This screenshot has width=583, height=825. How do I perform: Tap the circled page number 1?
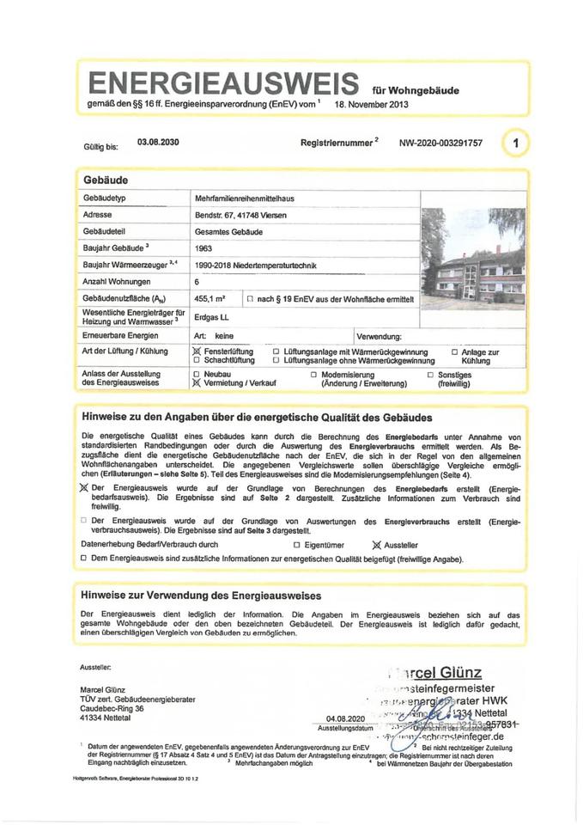click(x=515, y=144)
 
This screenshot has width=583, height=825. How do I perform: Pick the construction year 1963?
click(x=204, y=248)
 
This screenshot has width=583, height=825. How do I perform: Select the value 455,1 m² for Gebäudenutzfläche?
click(x=211, y=298)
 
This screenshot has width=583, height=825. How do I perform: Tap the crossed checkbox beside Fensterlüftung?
click(x=198, y=352)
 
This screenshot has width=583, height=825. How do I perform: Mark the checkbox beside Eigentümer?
click(x=296, y=545)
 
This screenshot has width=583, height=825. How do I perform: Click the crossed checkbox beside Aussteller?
click(x=375, y=545)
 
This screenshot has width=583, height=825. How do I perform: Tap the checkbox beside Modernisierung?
click(x=313, y=376)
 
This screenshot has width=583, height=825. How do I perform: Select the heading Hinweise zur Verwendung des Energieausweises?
click(x=201, y=595)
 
